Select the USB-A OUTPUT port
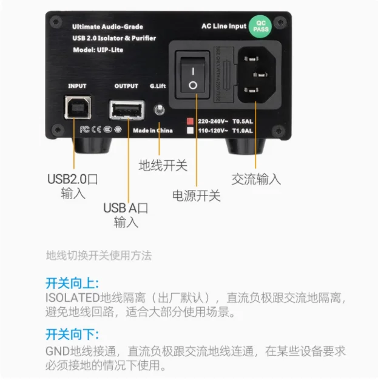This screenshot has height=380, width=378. click(x=127, y=110)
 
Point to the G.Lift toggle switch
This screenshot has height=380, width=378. click(x=160, y=110)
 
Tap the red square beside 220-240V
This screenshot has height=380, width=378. click(x=190, y=120)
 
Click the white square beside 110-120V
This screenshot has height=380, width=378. click(x=190, y=130)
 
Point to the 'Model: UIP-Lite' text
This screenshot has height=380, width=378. click(x=98, y=50)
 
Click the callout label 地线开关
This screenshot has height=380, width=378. click(x=163, y=165)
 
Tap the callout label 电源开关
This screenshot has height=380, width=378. click(x=196, y=195)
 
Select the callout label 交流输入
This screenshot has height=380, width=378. click(x=256, y=179)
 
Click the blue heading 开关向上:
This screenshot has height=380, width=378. click(x=72, y=283)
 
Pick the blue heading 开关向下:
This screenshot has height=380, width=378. click(x=72, y=335)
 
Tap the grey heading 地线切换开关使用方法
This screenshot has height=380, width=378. click(x=98, y=256)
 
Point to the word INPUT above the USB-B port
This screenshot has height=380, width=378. click(x=77, y=86)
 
